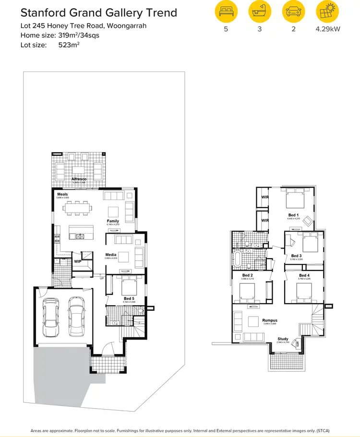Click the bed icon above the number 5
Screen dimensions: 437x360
(225, 12)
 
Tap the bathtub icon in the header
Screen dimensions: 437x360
(259, 12)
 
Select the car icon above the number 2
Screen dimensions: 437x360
(293, 12)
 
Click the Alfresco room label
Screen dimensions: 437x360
(79, 179)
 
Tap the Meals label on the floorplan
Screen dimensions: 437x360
(62, 194)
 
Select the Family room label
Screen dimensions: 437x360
(113, 221)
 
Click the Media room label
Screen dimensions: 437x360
(111, 255)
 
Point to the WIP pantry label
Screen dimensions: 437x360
(77, 261)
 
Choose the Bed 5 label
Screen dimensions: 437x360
(129, 298)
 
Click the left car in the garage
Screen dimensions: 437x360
(51, 318)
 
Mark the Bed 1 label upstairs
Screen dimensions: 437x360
(293, 215)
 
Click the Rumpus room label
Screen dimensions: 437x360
(270, 320)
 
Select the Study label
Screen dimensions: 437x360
(283, 339)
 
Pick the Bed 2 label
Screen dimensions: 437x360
(248, 275)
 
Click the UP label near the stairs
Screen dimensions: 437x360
(101, 278)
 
